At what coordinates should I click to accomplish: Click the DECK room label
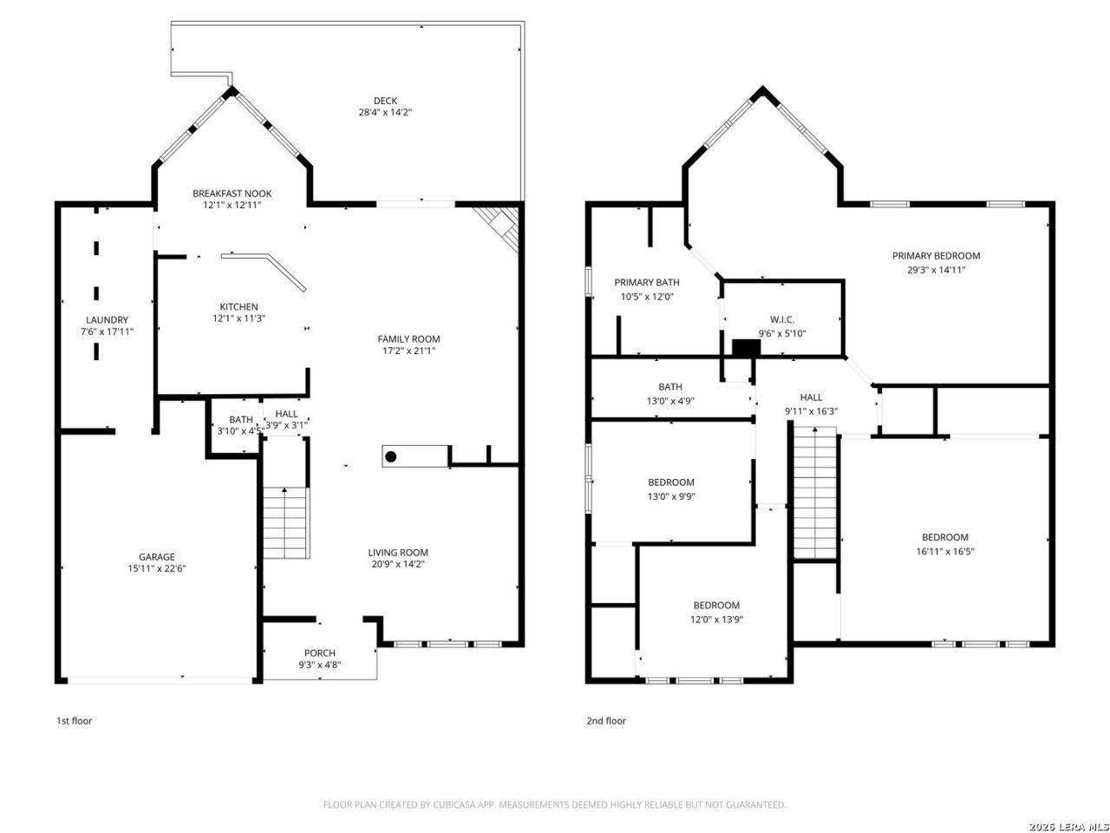[x=385, y=101]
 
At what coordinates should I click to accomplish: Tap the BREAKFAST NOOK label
[x=232, y=193]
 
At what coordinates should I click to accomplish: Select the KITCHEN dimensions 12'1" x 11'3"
[x=238, y=318]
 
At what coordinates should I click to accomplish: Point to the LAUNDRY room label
[x=107, y=319]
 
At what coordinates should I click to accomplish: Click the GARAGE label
[x=157, y=557]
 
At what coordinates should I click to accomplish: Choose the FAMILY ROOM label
[x=408, y=339]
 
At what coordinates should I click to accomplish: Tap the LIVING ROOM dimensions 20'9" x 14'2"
[x=398, y=564]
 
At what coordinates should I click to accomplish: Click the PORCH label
[x=320, y=653]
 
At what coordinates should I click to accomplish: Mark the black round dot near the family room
[x=390, y=456]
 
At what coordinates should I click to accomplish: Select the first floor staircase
[x=285, y=523]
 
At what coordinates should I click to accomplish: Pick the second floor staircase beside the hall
[x=813, y=493]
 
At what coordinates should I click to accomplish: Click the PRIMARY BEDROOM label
[x=936, y=256]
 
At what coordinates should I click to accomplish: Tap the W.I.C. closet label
[x=782, y=319]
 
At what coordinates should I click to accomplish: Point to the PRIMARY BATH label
[x=646, y=282]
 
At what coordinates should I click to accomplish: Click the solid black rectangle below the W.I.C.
[x=746, y=347]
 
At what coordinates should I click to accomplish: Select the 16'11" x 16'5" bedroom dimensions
[x=944, y=551]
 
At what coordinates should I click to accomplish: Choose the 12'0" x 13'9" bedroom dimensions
[x=716, y=619]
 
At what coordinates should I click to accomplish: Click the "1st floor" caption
[x=75, y=721]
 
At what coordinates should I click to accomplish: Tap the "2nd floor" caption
[x=606, y=721]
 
